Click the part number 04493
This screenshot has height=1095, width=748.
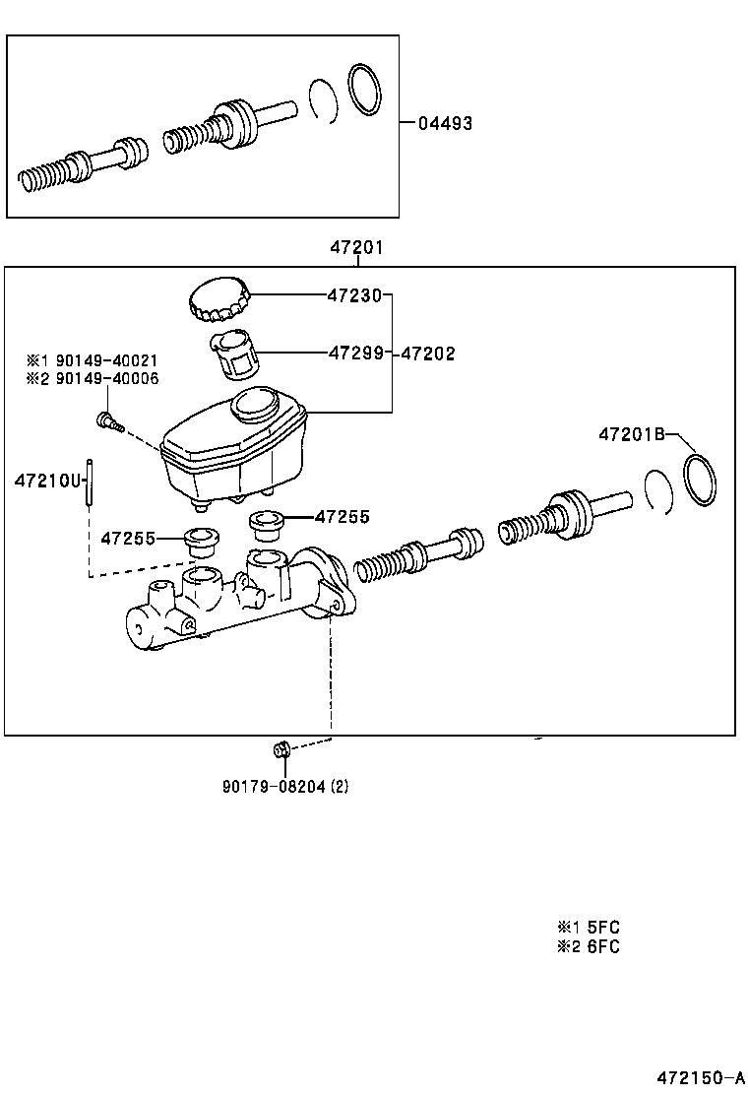pos(445,124)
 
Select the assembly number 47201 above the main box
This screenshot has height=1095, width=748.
pos(356,248)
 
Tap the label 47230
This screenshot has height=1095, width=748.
pos(354,293)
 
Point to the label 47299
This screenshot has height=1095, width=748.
pos(354,353)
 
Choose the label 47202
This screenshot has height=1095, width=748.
pos(427,354)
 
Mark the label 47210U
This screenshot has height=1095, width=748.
pos(45,481)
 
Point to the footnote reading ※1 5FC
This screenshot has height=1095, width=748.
pos(589,927)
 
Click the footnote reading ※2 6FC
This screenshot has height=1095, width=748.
pos(589,947)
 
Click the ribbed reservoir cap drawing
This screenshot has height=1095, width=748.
pos(218,299)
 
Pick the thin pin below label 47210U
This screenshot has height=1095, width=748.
pos(90,483)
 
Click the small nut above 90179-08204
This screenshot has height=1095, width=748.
pos(280,751)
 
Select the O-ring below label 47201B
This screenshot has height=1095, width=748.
pos(700,482)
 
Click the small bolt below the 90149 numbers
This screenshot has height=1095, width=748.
pos(107,421)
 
